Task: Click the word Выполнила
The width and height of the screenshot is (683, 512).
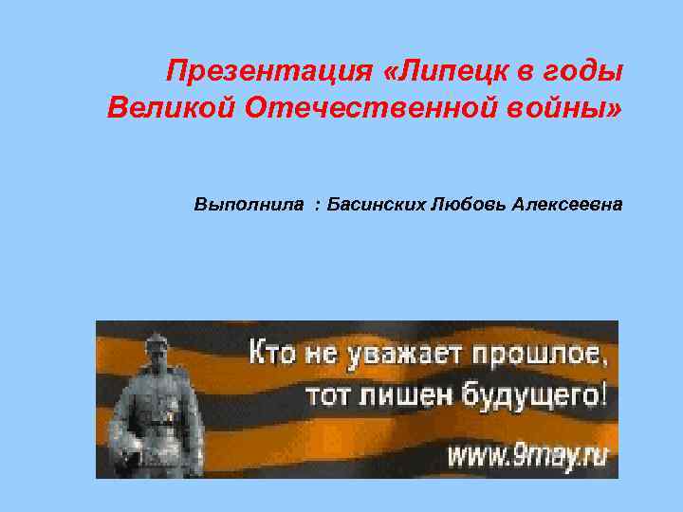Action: (x=250, y=204)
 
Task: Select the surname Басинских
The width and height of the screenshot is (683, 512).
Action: (x=375, y=204)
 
